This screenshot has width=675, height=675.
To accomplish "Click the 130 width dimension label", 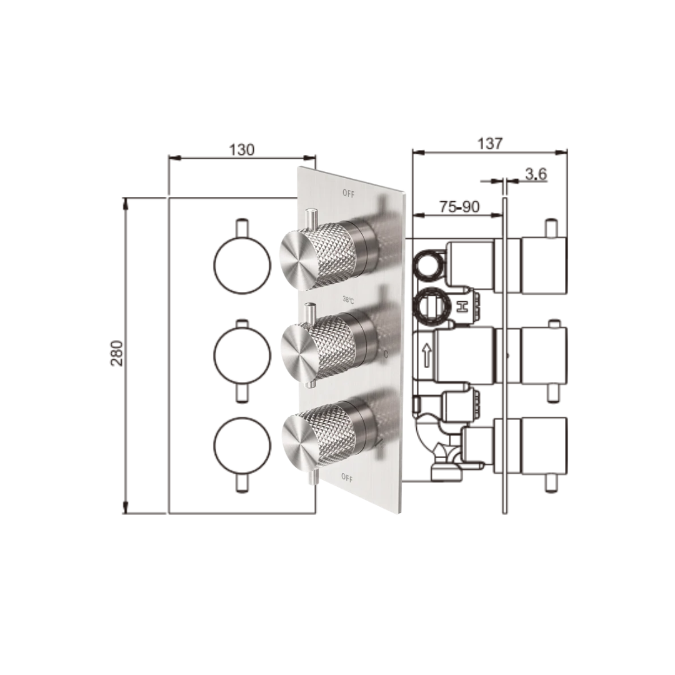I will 242,150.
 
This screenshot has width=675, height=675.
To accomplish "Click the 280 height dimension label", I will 117,353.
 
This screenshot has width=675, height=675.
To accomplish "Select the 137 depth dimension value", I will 489,144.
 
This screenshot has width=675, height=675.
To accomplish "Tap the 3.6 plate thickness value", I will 536,174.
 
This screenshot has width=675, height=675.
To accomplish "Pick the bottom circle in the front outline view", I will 242,444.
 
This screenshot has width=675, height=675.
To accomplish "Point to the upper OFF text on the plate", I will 348,194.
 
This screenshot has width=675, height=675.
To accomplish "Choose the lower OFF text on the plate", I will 347,478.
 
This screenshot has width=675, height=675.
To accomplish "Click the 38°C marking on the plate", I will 348,301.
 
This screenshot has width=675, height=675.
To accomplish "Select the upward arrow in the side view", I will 427,356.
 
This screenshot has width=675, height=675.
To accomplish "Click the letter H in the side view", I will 462,307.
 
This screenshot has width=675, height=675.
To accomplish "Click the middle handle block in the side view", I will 543,355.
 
